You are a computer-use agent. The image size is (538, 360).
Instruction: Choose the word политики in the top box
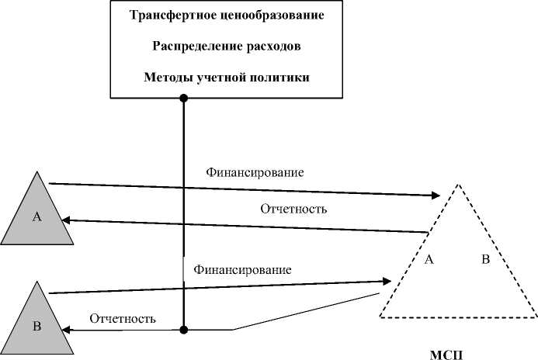point(281,78)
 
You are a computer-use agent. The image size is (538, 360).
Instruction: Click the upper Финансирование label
point(254,171)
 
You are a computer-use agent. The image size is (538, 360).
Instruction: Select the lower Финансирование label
point(242,271)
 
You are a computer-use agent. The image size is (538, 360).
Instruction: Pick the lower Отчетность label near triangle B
point(123,318)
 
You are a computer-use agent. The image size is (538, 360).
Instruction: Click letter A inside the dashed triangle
point(428,260)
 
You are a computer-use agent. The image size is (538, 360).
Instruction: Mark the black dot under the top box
point(184,99)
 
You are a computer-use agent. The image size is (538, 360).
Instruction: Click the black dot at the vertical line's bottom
point(184,330)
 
